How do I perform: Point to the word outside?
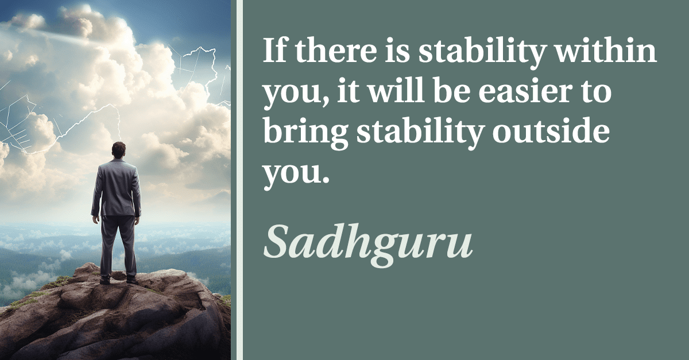(x=551, y=131)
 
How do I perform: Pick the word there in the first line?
(x=336, y=50)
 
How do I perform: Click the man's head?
(x=118, y=150)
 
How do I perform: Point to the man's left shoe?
(x=105, y=280)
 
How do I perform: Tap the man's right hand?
(x=137, y=220)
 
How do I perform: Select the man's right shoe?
(x=132, y=281)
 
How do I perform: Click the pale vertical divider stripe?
(x=239, y=180)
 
